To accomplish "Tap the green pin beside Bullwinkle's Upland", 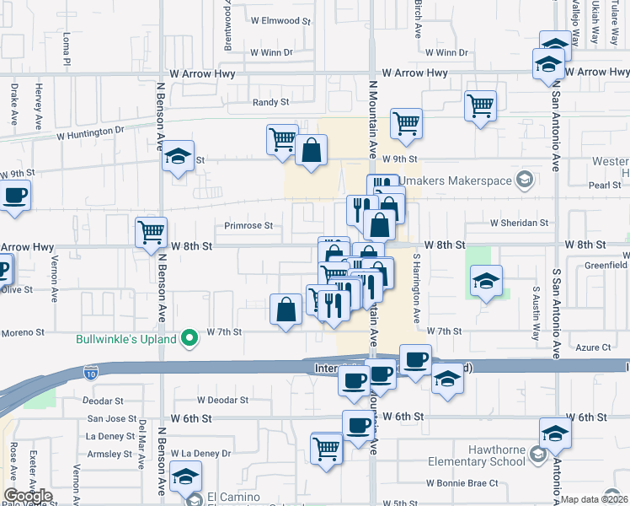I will pyautogui.click(x=190, y=340).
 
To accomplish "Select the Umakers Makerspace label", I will pyautogui.click(x=456, y=180).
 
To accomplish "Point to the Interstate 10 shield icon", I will pyautogui.click(x=91, y=370).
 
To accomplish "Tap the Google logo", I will pyautogui.click(x=28, y=497).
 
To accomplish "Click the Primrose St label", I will pyautogui.click(x=248, y=226).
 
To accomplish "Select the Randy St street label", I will pyautogui.click(x=271, y=102).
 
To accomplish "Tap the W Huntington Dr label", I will pyautogui.click(x=90, y=133).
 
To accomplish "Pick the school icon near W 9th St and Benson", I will pyautogui.click(x=179, y=155).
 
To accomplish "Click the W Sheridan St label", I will pyautogui.click(x=519, y=223).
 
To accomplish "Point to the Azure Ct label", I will pyautogui.click(x=594, y=347).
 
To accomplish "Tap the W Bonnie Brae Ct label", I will pyautogui.click(x=462, y=483).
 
